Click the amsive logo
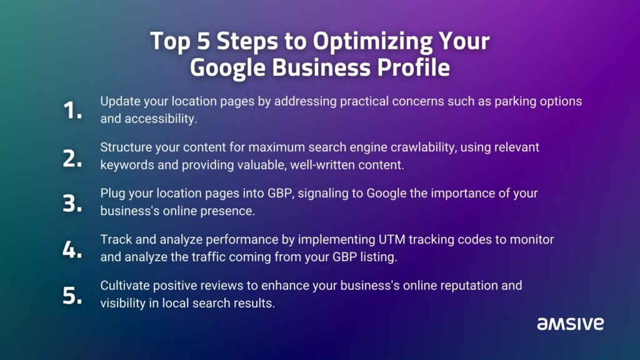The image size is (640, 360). pos(570,324)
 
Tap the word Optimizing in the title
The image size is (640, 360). pos(372,42)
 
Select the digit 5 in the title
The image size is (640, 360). pos(203,41)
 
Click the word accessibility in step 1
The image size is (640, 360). pos(161,119)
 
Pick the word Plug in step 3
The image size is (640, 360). pos(112,194)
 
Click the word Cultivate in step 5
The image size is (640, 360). pos(125,285)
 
